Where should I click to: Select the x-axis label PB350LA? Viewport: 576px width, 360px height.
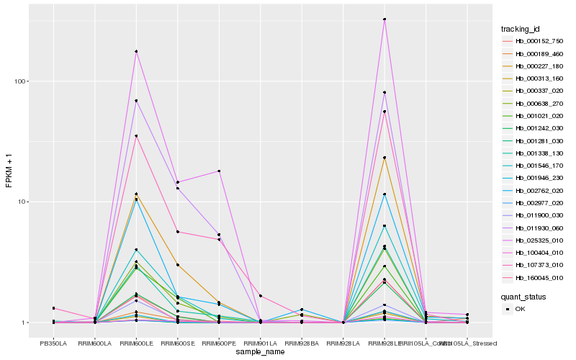pyautogui.click(x=53, y=343)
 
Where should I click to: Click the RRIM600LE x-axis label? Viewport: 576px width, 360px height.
pyautogui.click(x=136, y=343)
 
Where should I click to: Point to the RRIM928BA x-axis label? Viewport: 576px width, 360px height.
pyautogui.click(x=302, y=343)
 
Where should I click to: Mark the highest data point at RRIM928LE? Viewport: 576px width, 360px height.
pyautogui.click(x=384, y=19)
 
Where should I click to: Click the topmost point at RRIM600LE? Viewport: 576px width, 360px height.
pyautogui.click(x=136, y=51)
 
